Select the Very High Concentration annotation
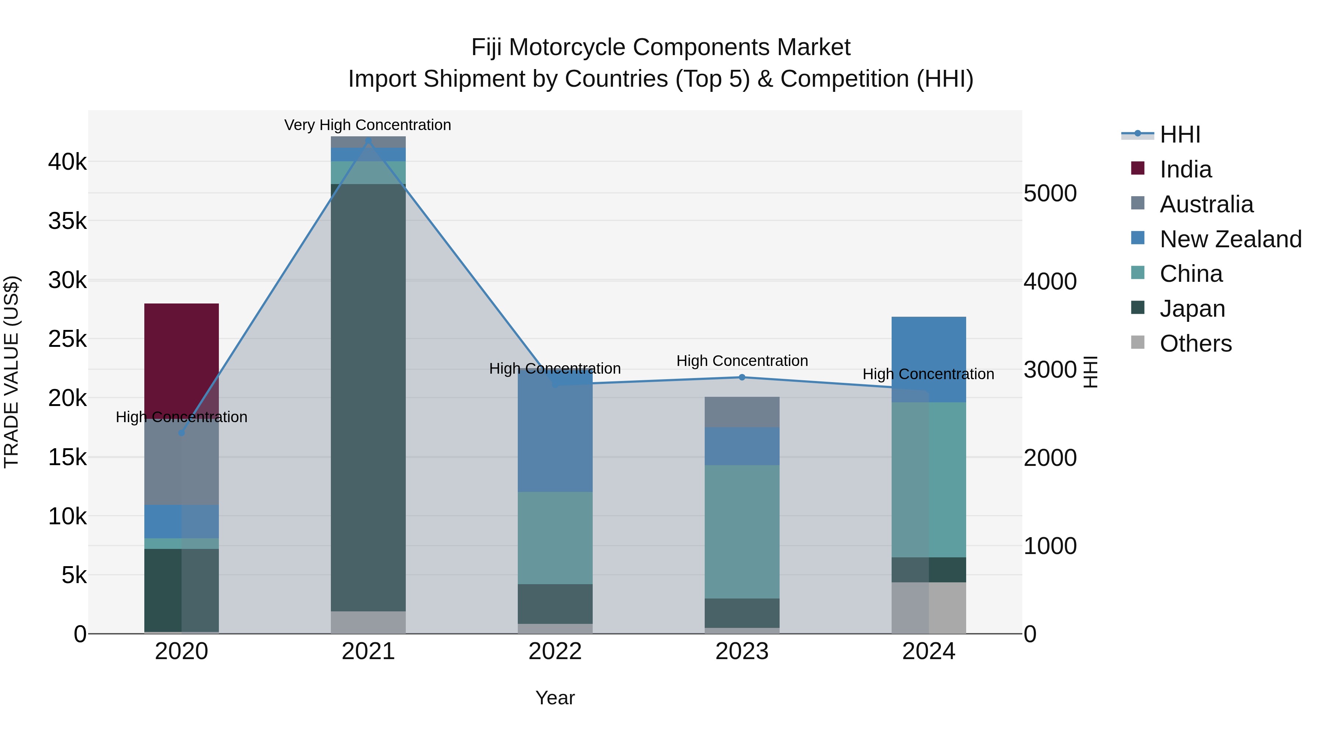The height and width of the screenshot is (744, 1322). point(368,125)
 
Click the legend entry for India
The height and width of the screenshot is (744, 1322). point(1185,169)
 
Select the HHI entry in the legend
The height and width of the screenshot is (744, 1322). point(1179,134)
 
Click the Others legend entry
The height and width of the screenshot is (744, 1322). point(1195,344)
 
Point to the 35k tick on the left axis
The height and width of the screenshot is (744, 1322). point(67,221)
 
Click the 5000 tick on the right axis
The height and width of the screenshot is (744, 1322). point(1050,194)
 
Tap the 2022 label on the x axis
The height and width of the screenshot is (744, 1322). point(555,651)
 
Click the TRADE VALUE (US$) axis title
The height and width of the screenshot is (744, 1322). point(12,372)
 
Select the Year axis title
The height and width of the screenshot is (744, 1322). point(555,698)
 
